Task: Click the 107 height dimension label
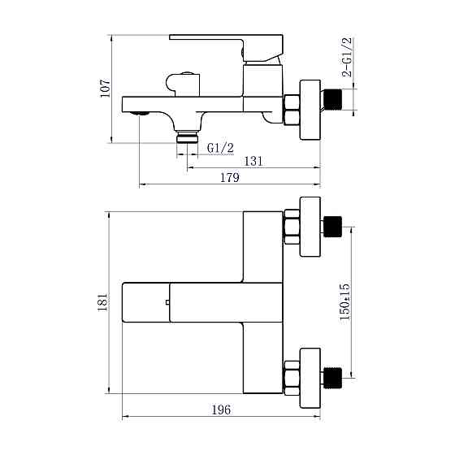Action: (x=105, y=88)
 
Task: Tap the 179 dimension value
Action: (x=230, y=180)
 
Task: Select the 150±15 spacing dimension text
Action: (x=344, y=301)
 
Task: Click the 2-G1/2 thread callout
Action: (x=347, y=57)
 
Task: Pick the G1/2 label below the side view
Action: (x=221, y=148)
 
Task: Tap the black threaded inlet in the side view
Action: (x=332, y=101)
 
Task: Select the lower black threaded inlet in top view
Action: (x=332, y=377)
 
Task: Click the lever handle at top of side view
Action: (x=225, y=47)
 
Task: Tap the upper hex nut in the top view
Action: (x=292, y=227)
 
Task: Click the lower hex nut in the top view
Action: (x=292, y=377)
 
